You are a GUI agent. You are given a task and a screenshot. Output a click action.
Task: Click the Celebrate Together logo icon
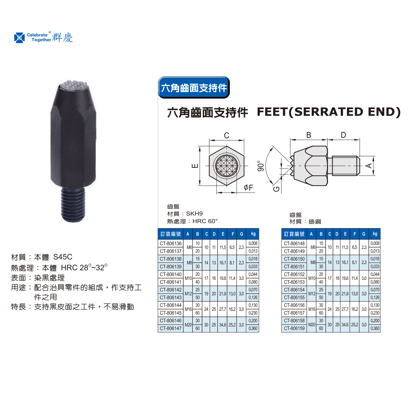tap(19, 38)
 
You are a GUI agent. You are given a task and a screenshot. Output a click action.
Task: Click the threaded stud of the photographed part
tap(73, 205)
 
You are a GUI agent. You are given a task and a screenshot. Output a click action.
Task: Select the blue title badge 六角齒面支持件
tap(193, 87)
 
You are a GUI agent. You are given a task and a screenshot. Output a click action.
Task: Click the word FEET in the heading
tap(272, 112)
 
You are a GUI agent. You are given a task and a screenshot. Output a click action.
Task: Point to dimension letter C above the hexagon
tap(226, 135)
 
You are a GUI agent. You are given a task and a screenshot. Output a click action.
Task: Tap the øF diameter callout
tap(249, 188)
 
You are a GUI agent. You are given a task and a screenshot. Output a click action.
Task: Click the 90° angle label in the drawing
tap(261, 166)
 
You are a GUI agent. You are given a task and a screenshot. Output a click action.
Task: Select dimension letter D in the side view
tap(343, 135)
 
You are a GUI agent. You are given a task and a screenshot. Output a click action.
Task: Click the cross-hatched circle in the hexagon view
tap(226, 166)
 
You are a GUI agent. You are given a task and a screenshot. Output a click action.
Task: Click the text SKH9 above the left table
tap(194, 214)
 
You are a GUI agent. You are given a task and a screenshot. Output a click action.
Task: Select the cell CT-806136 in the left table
tap(170, 244)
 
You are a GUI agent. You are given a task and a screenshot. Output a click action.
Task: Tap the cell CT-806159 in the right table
tap(294, 328)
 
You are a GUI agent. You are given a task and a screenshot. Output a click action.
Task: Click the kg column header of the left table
tap(253, 234)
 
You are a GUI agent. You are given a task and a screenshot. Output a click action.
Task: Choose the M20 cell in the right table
tap(311, 325)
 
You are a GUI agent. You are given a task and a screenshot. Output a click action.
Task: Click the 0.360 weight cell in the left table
tap(253, 328)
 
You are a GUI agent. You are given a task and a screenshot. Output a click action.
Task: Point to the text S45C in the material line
tap(63, 257)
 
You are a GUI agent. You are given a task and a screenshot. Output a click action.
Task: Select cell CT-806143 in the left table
tap(170, 297)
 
